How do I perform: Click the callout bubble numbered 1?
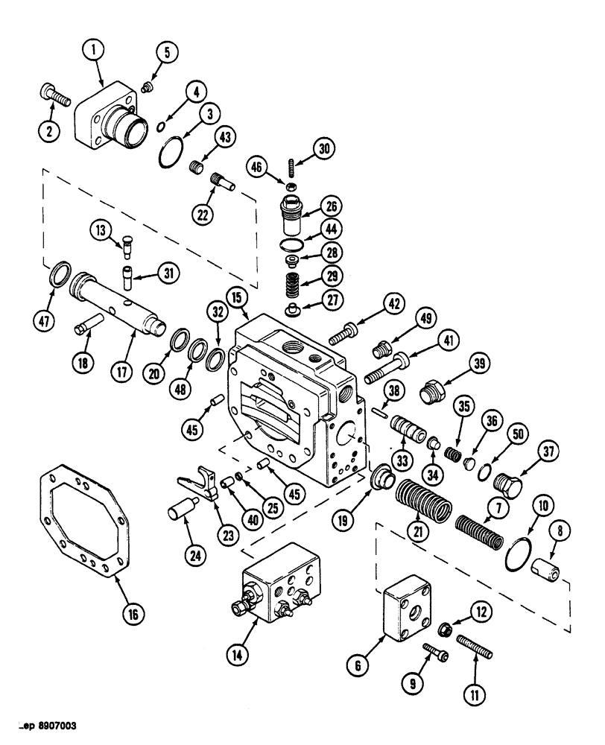click(x=92, y=51)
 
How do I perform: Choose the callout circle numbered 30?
click(x=323, y=149)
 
